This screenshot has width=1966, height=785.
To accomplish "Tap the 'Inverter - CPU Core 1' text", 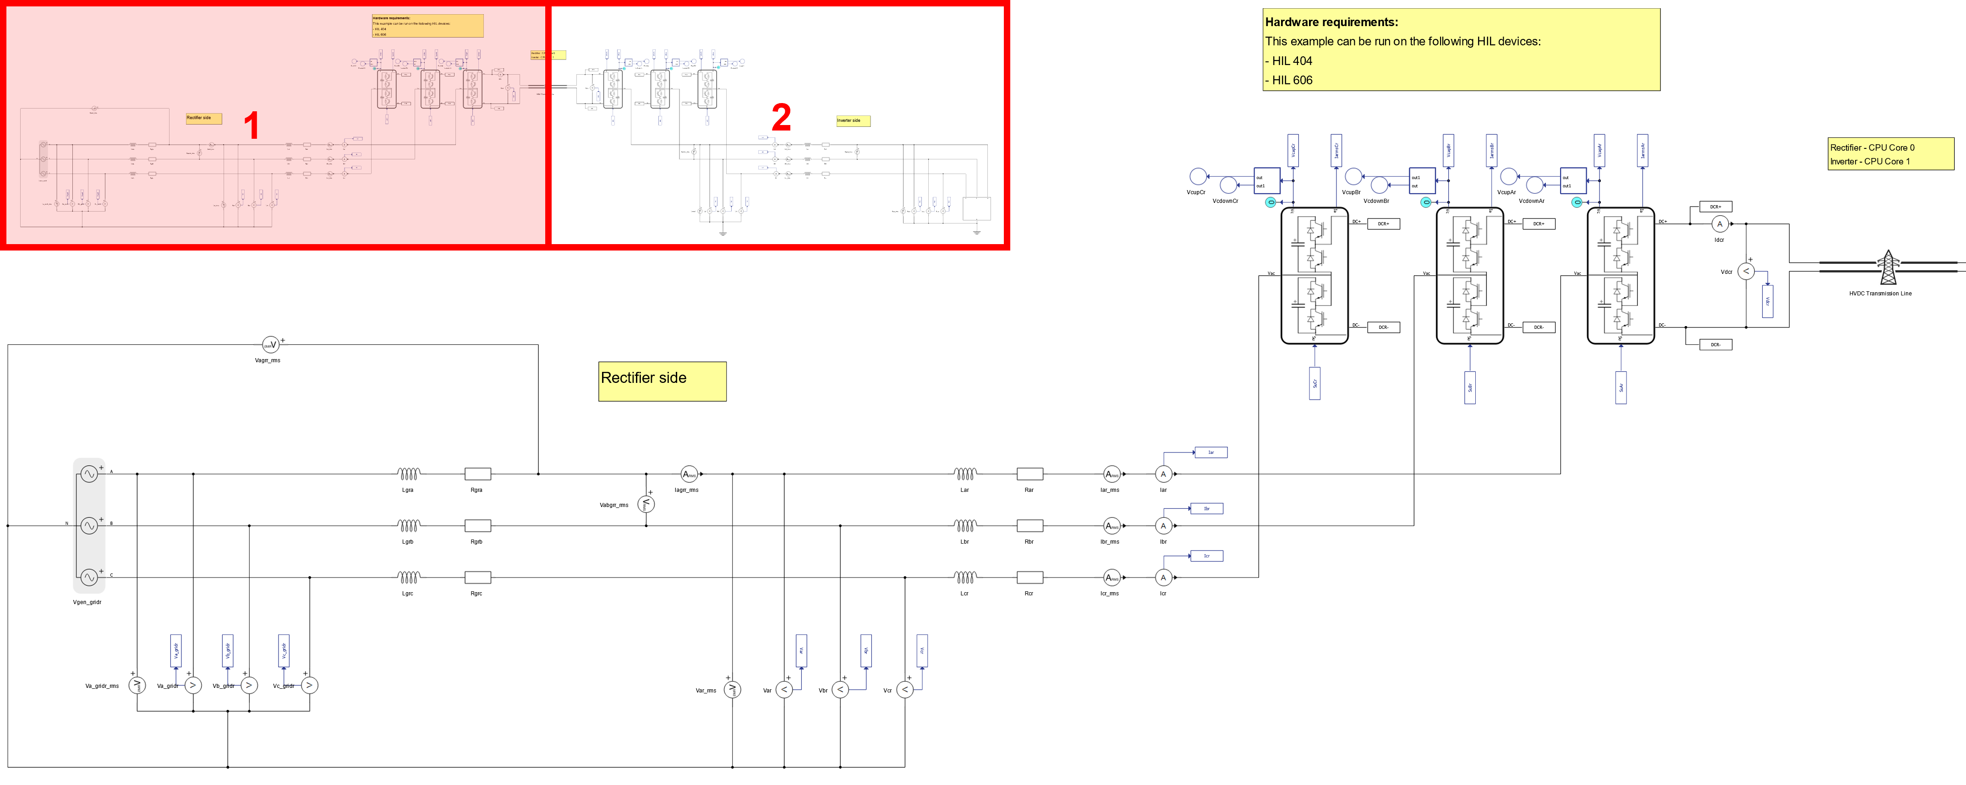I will pos(1870,162).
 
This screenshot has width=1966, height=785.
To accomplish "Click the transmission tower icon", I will pos(1888,267).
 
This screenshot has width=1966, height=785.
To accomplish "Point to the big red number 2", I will pos(781,118).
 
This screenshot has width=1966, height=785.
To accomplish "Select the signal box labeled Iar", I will pos(1210,452).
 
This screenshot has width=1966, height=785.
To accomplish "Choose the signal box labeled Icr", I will pos(1207,556).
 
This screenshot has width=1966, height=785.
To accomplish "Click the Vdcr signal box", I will pos(1768,301).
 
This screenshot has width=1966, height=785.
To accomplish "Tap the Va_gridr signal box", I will pos(175,651).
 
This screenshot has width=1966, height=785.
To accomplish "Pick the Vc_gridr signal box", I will pos(284,651).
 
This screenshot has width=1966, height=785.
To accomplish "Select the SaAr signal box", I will pos(1621,387).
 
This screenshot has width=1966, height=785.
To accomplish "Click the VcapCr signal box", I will pos(1293,150).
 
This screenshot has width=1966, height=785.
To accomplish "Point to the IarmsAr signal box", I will pos(1643,150).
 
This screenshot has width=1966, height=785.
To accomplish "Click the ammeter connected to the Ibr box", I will pos(1163,526).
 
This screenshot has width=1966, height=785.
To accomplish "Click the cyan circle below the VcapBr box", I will pos(1426,202).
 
